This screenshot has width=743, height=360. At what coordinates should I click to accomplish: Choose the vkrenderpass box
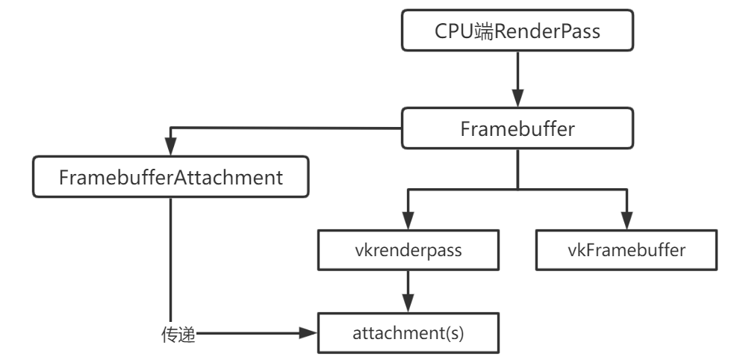(x=407, y=251)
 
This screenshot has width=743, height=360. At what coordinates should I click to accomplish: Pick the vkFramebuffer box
(x=626, y=251)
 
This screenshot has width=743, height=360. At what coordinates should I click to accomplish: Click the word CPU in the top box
(x=453, y=34)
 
